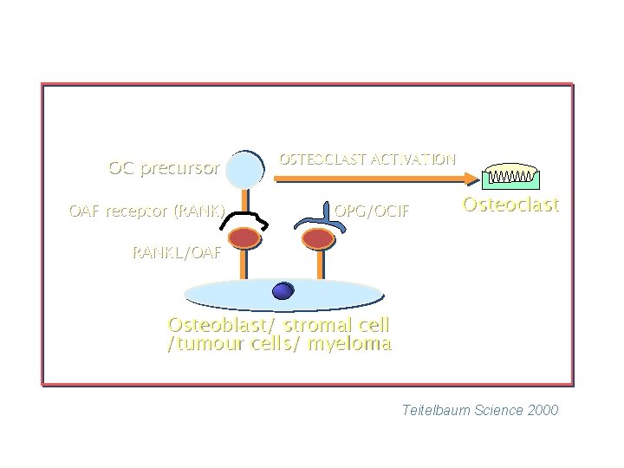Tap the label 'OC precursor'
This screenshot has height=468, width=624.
164,168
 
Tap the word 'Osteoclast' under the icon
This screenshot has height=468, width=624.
510,205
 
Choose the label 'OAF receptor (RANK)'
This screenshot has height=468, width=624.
147,211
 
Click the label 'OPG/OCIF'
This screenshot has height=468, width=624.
372,211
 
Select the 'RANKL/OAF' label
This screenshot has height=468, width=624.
177,254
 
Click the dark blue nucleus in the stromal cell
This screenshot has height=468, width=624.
283,292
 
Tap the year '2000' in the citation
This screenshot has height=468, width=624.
542,410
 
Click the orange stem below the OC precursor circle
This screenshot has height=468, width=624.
245,199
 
